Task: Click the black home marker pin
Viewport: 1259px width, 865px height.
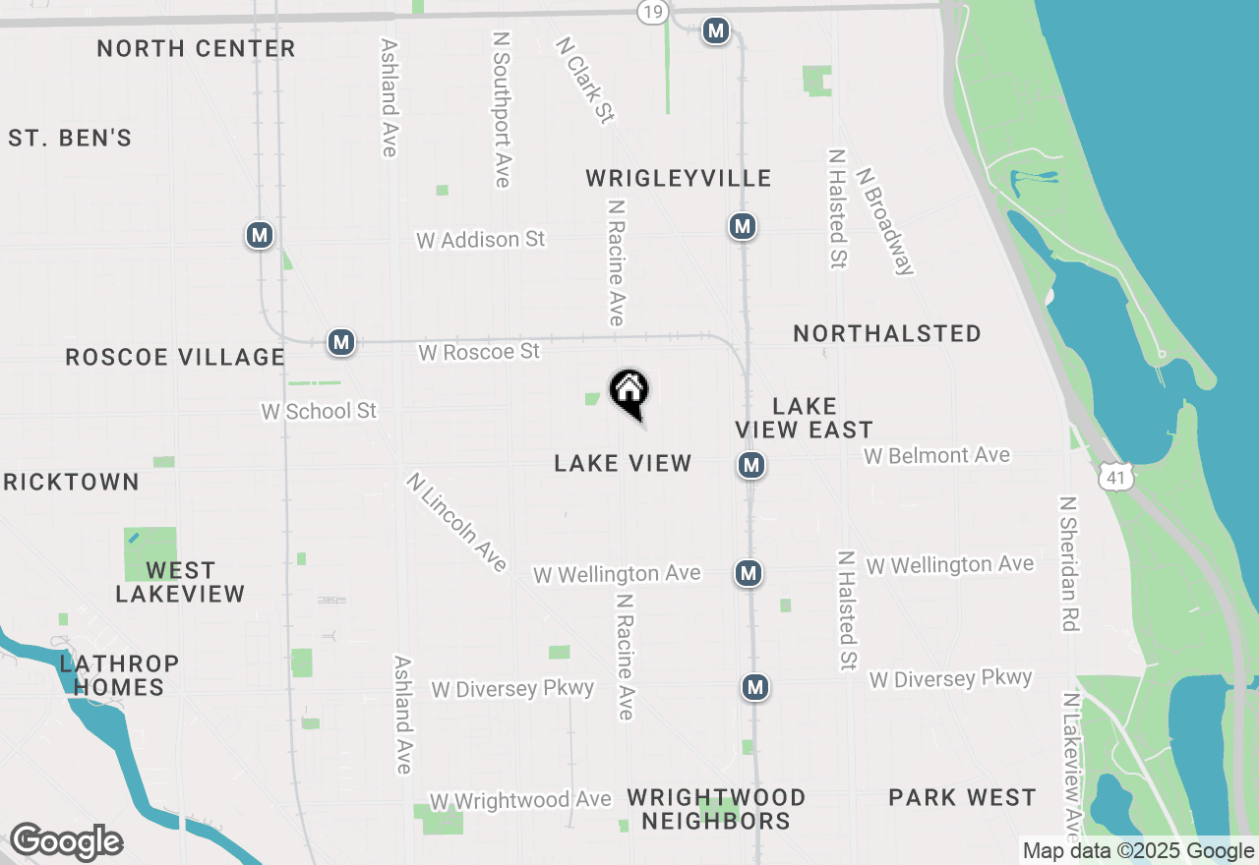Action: point(629,392)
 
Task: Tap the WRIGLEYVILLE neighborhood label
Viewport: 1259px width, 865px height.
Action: point(678,178)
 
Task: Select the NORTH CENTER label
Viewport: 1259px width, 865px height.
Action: point(196,48)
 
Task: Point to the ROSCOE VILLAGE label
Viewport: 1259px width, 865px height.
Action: point(175,357)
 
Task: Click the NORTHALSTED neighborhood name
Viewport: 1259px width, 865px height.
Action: point(887,334)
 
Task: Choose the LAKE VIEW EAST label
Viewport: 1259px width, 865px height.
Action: point(805,418)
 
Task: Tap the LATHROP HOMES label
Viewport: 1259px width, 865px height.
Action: point(119,675)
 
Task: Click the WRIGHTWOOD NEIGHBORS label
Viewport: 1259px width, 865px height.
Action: point(716,809)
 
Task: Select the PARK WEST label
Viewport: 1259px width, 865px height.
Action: point(962,797)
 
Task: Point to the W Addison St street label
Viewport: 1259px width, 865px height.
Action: point(480,240)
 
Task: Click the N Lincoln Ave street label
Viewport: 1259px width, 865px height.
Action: point(457,522)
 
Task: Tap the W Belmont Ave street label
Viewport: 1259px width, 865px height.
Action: point(936,456)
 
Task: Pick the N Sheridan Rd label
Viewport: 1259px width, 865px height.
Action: point(1069,562)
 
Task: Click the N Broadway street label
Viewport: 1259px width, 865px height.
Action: point(886,221)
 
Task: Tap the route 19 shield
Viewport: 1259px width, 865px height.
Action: point(651,12)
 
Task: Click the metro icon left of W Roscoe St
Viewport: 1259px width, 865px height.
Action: point(340,342)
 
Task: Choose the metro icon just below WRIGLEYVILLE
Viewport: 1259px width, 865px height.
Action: point(742,226)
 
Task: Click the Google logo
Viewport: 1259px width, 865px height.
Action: point(66,842)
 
